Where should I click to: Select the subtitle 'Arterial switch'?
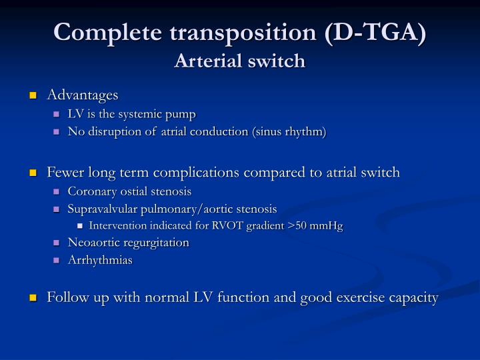[x=239, y=61]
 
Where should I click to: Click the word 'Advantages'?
[x=82, y=95]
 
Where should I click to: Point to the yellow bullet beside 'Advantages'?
[x=33, y=96]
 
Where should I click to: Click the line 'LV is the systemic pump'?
[x=131, y=114]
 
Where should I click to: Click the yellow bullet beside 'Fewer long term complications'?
[x=33, y=173]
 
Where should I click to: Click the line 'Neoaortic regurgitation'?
[x=128, y=243]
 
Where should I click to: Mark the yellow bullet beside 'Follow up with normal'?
[x=33, y=298]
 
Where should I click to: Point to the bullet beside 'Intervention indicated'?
[x=81, y=226]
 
